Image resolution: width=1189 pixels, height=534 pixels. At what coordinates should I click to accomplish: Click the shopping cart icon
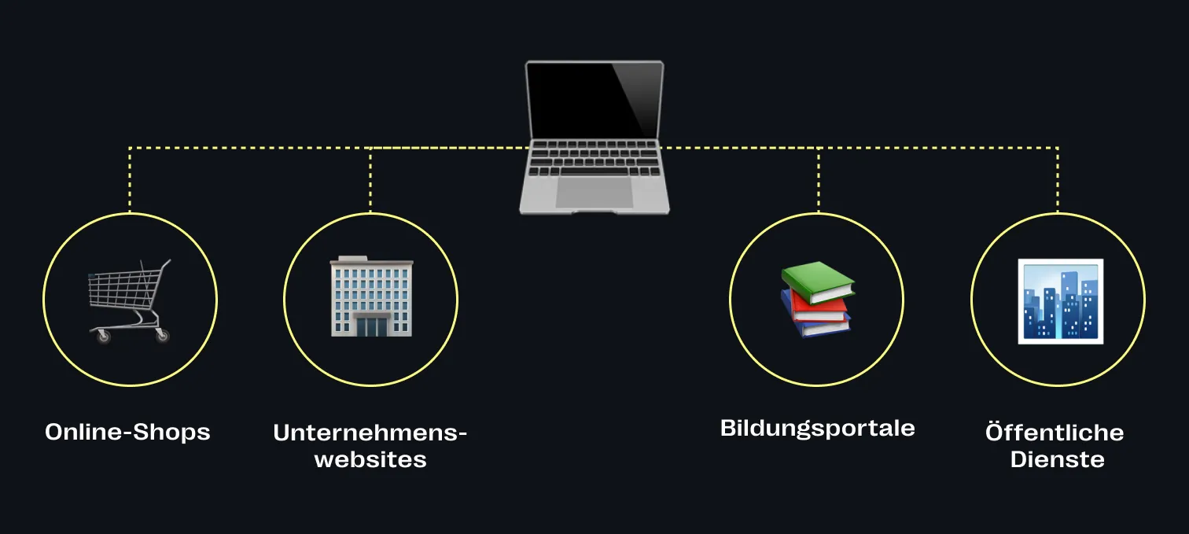(x=129, y=300)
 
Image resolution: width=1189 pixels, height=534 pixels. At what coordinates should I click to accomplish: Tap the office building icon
(x=371, y=296)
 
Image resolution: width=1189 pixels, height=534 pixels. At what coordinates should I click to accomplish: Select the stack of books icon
(x=817, y=299)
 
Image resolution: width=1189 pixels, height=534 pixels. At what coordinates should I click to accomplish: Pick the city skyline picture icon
(x=1060, y=300)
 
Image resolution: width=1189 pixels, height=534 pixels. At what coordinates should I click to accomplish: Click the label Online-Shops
(x=127, y=432)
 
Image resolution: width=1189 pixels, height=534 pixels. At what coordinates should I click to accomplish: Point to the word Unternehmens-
(x=370, y=433)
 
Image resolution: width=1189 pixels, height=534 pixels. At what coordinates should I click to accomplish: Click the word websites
(x=370, y=459)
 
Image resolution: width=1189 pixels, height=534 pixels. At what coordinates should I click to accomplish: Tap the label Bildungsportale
(x=817, y=428)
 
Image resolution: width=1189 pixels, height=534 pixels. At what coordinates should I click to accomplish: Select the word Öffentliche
(x=1054, y=433)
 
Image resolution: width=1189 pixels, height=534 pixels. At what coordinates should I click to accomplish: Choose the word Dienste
(x=1057, y=459)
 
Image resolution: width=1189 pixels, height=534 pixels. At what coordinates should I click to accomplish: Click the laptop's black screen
(x=594, y=100)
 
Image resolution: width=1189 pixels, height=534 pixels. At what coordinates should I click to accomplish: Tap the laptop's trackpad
(x=594, y=192)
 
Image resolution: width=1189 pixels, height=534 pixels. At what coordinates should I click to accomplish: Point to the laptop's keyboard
(x=594, y=157)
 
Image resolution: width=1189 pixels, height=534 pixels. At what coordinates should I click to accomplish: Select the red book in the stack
(x=819, y=308)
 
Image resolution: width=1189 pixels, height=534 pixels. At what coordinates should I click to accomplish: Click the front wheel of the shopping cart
(x=103, y=337)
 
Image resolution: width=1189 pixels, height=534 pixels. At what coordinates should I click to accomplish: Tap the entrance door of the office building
(x=371, y=325)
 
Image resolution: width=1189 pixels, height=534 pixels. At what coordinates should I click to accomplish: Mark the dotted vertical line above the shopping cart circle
(x=130, y=180)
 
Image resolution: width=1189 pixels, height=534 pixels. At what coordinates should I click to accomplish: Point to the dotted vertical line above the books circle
(x=818, y=180)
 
